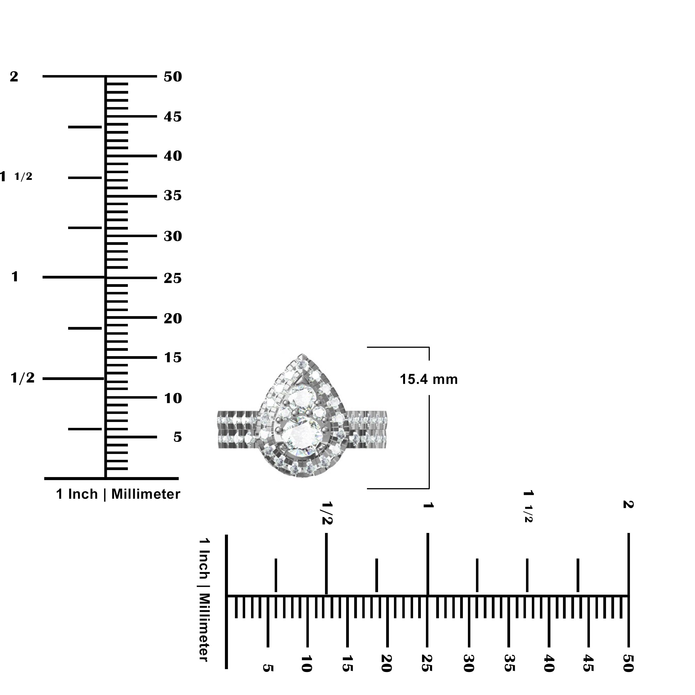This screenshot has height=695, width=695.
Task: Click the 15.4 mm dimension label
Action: tap(428, 379)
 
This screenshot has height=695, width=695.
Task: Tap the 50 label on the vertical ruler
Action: tap(173, 77)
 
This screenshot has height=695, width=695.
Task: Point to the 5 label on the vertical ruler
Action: tap(177, 437)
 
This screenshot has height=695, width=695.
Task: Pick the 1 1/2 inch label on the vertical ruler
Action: tap(16, 176)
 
